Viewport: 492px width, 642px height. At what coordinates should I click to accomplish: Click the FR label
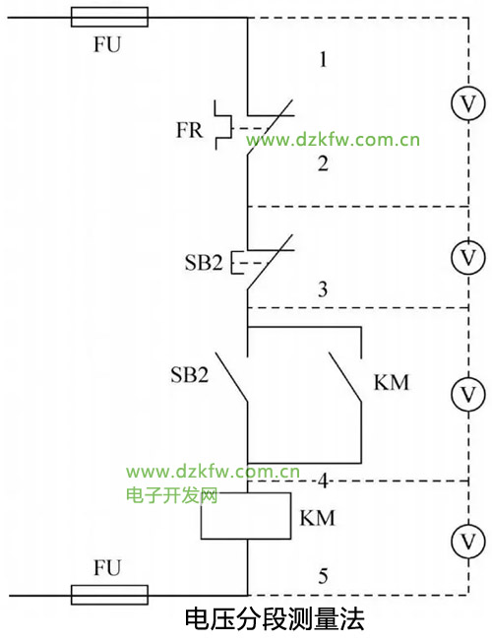(189, 130)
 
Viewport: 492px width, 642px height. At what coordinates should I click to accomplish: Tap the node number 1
(324, 59)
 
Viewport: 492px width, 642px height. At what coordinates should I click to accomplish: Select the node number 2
(323, 163)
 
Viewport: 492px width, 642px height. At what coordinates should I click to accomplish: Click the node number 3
(323, 289)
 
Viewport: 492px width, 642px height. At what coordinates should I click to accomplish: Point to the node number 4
(324, 481)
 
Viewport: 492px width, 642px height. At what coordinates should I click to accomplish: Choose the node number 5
(324, 576)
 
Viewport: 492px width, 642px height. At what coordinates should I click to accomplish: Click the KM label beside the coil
(317, 518)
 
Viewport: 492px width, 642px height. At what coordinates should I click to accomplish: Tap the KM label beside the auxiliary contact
(392, 383)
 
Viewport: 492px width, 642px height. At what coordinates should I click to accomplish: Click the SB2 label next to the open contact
(189, 374)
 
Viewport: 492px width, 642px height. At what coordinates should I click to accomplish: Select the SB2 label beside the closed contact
(204, 263)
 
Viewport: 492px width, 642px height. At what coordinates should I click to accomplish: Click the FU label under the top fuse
(107, 44)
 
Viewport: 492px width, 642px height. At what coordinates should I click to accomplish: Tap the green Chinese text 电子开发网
(172, 495)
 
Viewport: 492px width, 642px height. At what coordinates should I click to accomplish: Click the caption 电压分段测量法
(275, 619)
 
